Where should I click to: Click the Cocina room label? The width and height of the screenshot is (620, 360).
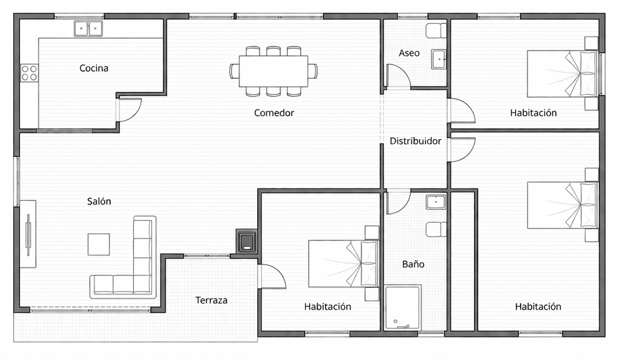(94, 68)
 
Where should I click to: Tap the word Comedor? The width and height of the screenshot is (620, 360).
(274, 113)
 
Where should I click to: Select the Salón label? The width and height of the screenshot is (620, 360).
(99, 201)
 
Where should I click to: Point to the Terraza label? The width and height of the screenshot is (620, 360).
(211, 300)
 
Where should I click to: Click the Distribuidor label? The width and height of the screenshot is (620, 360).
(415, 141)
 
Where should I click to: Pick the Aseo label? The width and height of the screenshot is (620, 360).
(409, 53)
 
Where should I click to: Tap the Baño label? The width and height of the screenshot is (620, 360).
(413, 264)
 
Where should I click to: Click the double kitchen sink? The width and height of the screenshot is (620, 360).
(88, 28)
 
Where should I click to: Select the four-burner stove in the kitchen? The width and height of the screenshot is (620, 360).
(29, 73)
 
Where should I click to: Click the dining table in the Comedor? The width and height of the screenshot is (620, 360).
(274, 72)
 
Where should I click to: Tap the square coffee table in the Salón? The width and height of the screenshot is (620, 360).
(99, 244)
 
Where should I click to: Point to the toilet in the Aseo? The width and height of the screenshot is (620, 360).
(436, 31)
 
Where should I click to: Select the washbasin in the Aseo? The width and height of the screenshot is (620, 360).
(439, 59)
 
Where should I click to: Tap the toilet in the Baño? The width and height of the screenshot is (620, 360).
(436, 230)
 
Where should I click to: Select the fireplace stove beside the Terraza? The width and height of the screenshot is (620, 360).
(246, 242)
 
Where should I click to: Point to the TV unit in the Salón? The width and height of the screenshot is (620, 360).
(28, 234)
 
